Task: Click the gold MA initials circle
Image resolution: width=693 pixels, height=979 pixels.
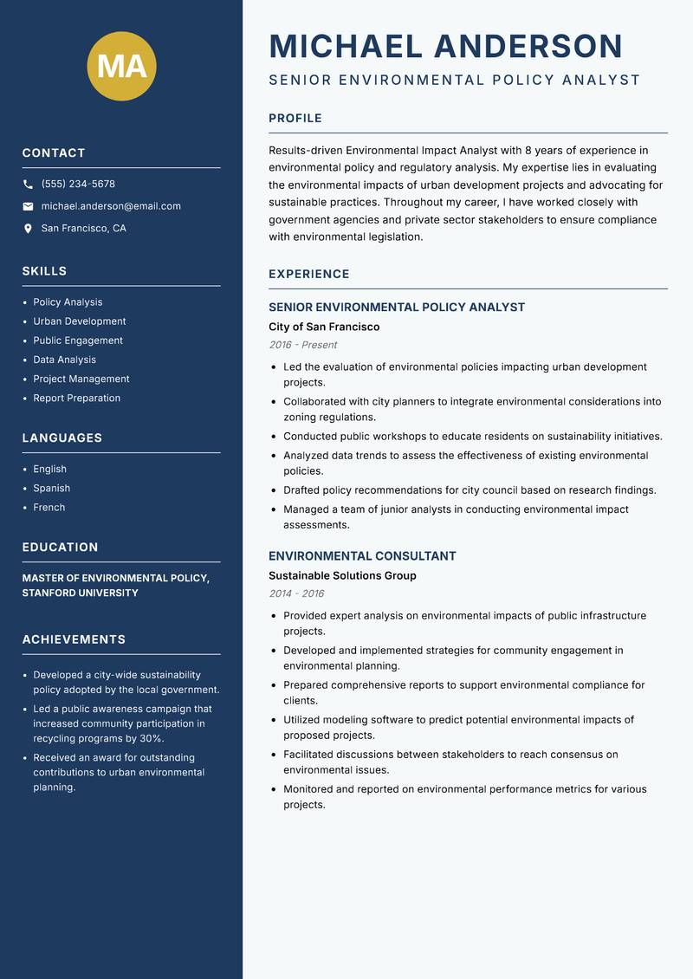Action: [x=122, y=66]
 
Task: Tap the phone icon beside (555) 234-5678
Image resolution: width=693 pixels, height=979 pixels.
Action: [x=28, y=185]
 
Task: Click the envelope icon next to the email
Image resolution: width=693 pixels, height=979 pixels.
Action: [x=28, y=206]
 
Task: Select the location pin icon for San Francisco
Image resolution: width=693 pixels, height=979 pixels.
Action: [x=28, y=229]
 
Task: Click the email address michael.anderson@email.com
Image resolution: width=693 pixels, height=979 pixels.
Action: [x=111, y=206]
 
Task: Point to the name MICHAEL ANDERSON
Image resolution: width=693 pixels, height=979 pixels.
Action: [x=445, y=46]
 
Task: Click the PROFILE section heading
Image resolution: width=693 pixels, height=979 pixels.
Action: [x=295, y=119]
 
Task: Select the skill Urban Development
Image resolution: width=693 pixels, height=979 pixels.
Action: [x=80, y=321]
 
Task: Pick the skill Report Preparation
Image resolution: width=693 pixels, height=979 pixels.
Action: [x=77, y=399]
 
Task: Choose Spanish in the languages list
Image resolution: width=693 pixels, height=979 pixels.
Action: [x=52, y=489]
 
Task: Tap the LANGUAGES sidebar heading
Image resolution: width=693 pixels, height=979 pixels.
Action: [x=62, y=438]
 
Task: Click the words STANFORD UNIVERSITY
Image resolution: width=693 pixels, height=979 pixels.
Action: [x=80, y=593]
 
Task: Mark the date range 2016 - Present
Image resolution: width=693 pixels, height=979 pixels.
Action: [x=302, y=345]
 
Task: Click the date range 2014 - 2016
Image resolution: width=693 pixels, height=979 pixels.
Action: [x=296, y=593]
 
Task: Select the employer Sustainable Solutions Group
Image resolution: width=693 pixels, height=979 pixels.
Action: [x=342, y=576]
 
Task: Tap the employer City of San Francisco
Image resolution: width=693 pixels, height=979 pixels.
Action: [x=324, y=327]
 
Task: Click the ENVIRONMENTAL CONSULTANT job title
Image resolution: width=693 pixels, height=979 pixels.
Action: [x=362, y=556]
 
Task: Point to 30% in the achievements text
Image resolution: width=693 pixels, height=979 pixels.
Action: [x=152, y=739]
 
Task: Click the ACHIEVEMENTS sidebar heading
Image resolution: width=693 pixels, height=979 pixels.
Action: [x=74, y=639]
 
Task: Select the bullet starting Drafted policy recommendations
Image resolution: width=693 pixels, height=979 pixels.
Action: [x=470, y=490]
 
